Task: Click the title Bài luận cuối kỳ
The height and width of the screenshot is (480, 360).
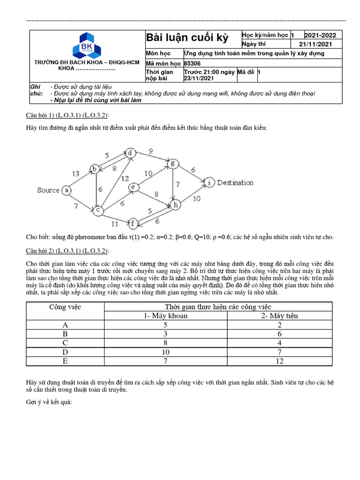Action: point(187,38)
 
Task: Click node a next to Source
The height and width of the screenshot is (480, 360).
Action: point(67,190)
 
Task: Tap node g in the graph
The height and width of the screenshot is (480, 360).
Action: point(173,163)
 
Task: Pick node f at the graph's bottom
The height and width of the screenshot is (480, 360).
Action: point(133,223)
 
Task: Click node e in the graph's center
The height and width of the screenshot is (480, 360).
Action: point(133,187)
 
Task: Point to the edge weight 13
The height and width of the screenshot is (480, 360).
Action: point(75,173)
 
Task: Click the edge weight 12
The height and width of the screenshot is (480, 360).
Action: point(125,179)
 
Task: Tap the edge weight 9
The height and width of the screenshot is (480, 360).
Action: point(150,151)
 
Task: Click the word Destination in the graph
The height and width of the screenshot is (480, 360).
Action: point(235,183)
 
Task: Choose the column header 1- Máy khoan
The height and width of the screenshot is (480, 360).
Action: point(165,315)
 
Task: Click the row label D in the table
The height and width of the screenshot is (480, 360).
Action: point(65,352)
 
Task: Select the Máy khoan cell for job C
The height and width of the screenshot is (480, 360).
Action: point(165,343)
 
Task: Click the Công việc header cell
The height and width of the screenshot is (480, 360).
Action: point(65,307)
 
